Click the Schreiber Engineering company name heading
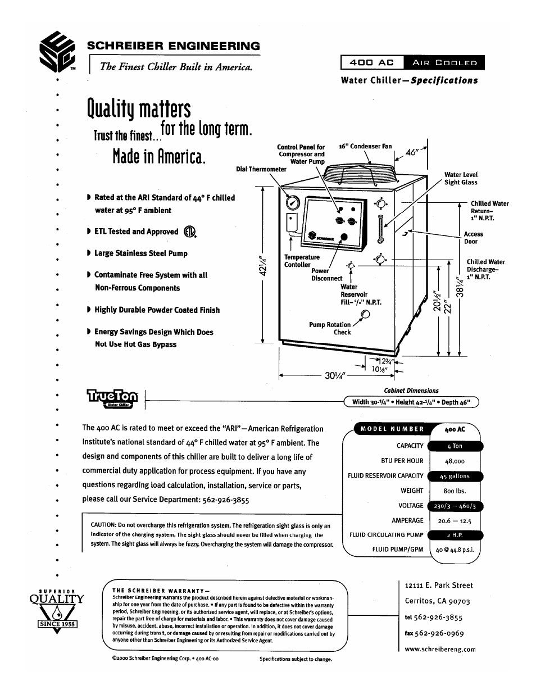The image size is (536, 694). click(173, 46)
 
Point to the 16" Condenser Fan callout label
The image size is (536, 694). click(365, 147)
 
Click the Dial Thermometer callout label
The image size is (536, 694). click(261, 169)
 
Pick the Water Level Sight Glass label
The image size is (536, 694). click(461, 179)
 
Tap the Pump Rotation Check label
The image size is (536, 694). click(330, 328)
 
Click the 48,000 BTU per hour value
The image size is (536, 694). click(455, 461)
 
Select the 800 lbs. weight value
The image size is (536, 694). click(455, 491)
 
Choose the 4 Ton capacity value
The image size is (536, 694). click(455, 446)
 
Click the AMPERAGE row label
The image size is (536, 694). click(407, 520)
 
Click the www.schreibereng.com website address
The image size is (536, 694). click(440, 649)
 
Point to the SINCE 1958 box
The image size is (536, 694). click(57, 624)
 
